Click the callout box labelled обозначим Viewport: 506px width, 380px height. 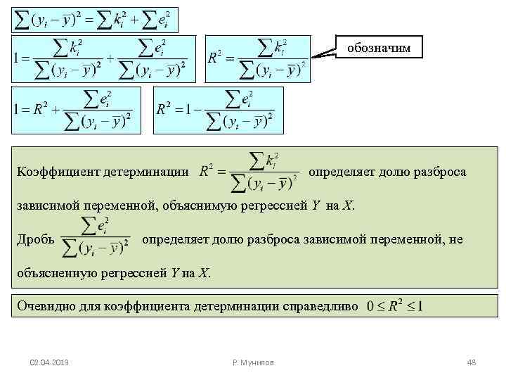(x=379, y=46)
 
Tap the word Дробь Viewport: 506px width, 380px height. (x=34, y=239)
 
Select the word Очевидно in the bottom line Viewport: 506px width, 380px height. (x=44, y=306)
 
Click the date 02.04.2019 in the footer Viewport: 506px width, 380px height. (x=48, y=362)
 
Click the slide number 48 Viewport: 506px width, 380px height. (x=472, y=362)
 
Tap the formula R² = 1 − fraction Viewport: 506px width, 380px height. (x=217, y=109)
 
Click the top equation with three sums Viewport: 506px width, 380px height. (x=95, y=20)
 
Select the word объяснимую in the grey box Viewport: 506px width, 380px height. (x=199, y=206)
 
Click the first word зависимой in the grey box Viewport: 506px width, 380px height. (x=45, y=206)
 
